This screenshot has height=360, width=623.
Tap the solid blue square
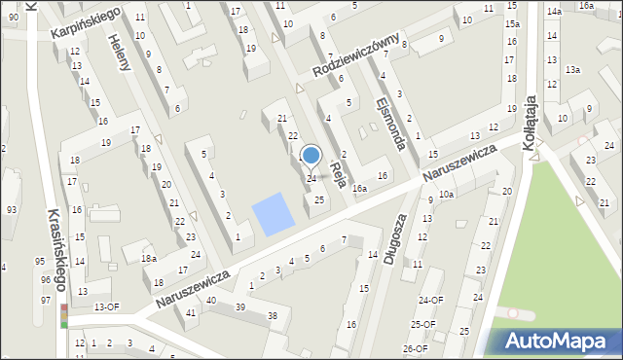point(273,213)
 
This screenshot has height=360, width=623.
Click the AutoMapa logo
point(558,342)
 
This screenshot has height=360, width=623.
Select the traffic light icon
point(64,316)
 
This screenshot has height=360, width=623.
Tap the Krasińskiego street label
point(56,249)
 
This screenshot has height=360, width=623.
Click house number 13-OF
point(106,306)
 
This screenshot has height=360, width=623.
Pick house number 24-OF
point(430,300)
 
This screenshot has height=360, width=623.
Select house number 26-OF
point(416,348)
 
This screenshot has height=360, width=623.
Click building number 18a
point(149,259)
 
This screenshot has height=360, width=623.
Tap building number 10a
point(446,195)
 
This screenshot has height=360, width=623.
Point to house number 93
point(12,210)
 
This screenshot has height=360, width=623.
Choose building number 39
point(239,306)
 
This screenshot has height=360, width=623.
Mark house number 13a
point(573,69)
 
